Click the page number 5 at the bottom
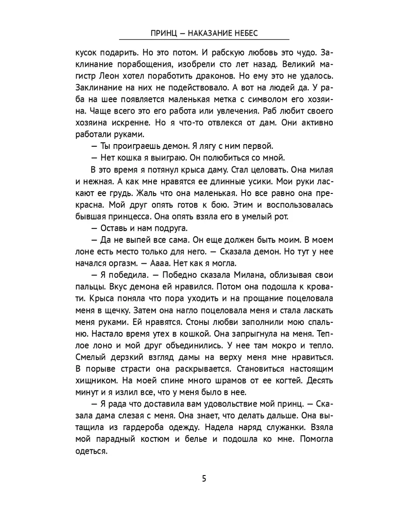204,478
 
